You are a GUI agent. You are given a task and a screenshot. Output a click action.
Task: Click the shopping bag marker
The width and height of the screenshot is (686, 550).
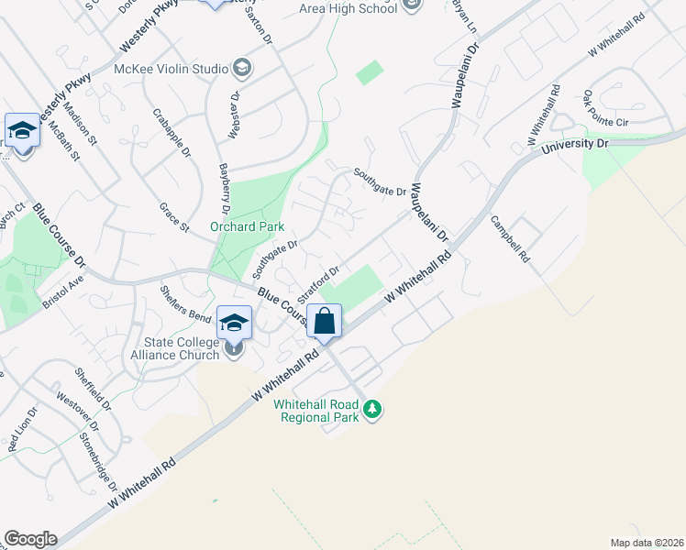click(325, 322)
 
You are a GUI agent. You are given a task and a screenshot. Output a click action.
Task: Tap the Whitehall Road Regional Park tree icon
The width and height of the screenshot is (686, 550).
click(371, 408)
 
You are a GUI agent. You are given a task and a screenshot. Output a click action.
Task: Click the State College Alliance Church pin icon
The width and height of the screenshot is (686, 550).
click(235, 348)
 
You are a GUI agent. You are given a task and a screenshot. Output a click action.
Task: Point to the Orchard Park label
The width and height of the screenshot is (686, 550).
click(247, 226)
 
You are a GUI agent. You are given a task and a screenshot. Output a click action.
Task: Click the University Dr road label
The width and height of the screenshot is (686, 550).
click(575, 146)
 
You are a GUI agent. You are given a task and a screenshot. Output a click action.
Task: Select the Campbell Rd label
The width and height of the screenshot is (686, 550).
click(510, 239)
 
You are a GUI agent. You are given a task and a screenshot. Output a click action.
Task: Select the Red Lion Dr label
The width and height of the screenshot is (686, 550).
click(19, 435)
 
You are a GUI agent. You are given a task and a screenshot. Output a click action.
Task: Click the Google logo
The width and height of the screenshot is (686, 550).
click(30, 539)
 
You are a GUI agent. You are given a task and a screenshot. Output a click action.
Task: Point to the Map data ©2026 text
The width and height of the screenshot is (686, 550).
click(647, 542)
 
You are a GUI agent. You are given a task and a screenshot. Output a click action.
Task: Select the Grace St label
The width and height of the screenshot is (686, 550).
click(173, 217)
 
